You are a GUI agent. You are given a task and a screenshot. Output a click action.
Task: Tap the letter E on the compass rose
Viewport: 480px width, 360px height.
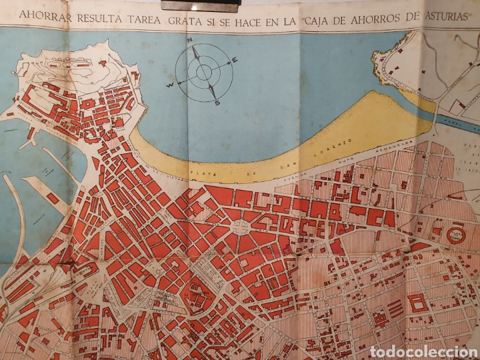tap(236, 61)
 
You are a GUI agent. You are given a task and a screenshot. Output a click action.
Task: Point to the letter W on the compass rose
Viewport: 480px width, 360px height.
tap(171, 85)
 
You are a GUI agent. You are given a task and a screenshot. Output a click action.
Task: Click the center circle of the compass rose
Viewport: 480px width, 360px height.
tap(203, 72)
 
